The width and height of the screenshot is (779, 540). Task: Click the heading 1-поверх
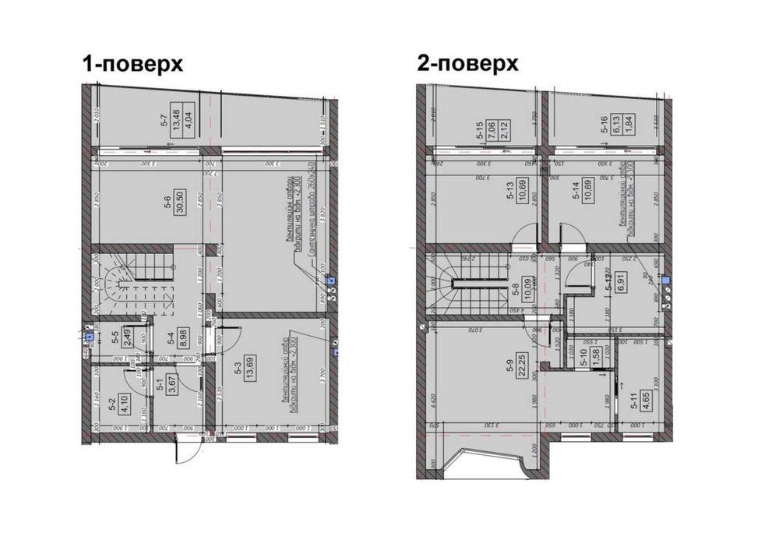pyautogui.click(x=133, y=63)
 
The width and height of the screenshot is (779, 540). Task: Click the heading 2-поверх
pyautogui.click(x=467, y=63)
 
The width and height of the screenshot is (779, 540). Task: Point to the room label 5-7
pyautogui.click(x=164, y=121)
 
